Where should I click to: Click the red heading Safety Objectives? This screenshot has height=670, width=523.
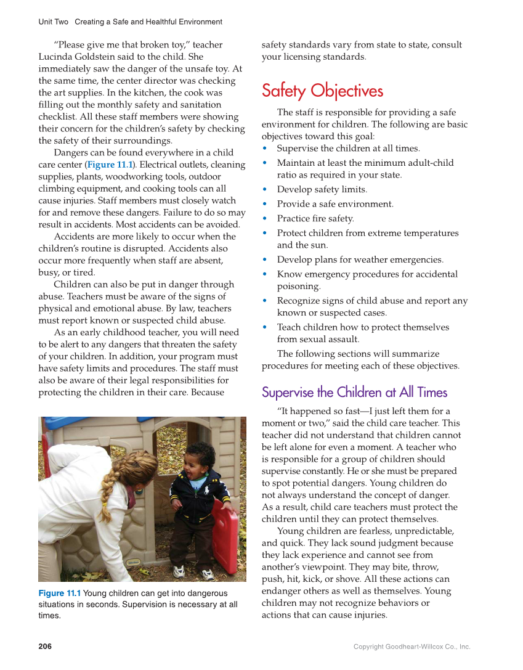coord(322,91)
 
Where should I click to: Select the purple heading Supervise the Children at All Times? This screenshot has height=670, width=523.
coord(354,393)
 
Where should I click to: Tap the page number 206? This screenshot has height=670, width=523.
coord(45,646)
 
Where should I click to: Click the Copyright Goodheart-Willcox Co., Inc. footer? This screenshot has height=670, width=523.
coord(412,647)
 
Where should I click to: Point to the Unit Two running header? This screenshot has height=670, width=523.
coord(130,22)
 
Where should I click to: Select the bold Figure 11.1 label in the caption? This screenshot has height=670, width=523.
coord(59,593)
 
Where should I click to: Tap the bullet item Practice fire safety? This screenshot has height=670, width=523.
coord(315,218)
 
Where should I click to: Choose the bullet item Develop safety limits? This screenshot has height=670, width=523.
coord(322,189)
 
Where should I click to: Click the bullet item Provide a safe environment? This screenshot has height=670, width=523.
coord(334,204)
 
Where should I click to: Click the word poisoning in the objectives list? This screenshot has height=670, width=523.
coord(298,286)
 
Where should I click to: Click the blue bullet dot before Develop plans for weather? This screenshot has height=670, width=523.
coord(265,259)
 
